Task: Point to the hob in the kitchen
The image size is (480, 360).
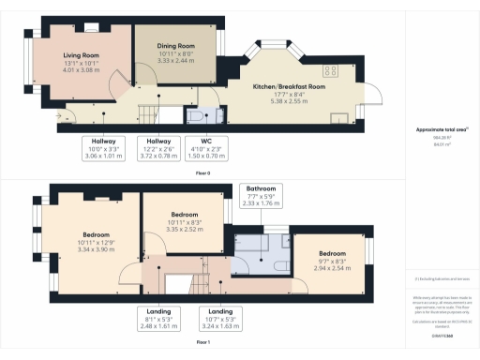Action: coord(330,67)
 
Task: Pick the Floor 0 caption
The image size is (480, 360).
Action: coord(202,172)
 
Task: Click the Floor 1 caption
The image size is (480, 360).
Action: coord(202,343)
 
